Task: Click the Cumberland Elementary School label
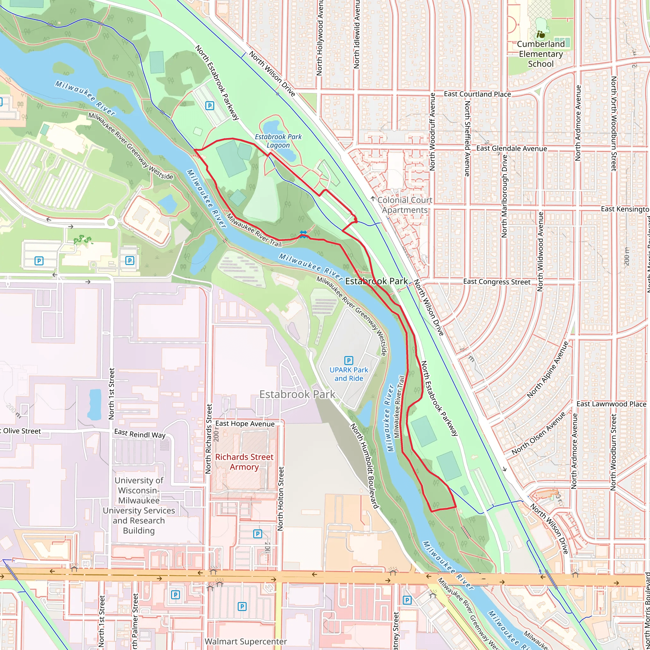point(540,54)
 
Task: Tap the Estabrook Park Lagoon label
point(278,141)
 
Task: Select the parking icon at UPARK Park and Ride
point(349,360)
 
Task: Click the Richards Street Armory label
point(244,462)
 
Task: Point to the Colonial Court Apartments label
point(405,205)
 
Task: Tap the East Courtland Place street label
point(477,94)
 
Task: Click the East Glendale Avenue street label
point(511,148)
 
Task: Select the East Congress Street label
point(497,282)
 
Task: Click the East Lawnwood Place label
point(611,404)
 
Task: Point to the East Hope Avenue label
point(245,424)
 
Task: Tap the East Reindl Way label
point(140,434)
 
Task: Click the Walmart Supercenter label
point(246,641)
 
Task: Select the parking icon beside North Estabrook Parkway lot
point(209,106)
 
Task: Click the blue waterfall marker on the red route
point(303,234)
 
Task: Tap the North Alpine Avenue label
point(547,370)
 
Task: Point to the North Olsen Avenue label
point(539,434)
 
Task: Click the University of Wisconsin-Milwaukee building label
point(139,505)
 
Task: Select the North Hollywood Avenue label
point(319,37)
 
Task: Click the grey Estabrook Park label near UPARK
point(297,394)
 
